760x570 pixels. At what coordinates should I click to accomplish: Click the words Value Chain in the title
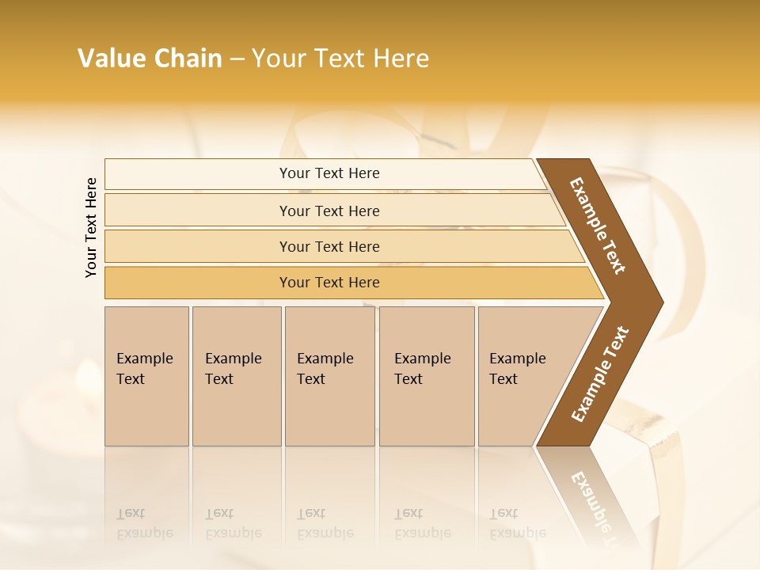pos(150,59)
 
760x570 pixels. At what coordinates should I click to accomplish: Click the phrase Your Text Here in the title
pos(340,59)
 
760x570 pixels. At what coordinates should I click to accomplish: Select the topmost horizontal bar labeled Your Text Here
pos(329,173)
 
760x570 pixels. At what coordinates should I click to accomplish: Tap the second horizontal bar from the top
pos(329,211)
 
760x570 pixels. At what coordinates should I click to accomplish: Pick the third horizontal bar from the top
pos(329,246)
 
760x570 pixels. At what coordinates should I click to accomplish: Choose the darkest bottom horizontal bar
pos(329,283)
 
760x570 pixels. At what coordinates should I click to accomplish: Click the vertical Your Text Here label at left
pos(91,227)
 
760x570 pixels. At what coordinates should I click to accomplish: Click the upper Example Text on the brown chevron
pos(598,226)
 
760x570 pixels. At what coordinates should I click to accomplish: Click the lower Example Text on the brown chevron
pos(600,374)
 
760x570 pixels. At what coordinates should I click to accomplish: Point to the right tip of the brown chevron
pos(661,302)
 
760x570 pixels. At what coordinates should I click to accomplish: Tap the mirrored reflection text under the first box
pos(144,523)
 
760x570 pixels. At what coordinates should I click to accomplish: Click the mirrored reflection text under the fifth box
pos(517,523)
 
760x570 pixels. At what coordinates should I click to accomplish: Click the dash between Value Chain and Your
pos(237,59)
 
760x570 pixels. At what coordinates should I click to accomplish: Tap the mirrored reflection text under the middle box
pos(325,523)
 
